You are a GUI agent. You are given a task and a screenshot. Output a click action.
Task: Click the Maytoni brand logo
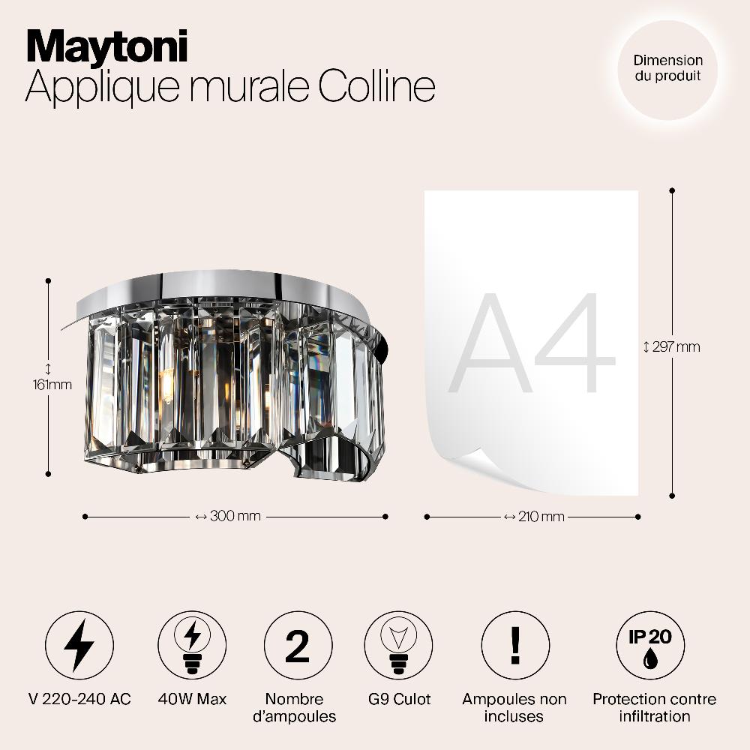pos(106,46)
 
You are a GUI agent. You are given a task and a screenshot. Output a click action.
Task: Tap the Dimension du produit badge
pos(667,70)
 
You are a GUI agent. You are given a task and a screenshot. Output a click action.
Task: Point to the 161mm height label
pos(52,385)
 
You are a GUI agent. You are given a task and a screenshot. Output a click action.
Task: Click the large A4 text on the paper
pos(532,343)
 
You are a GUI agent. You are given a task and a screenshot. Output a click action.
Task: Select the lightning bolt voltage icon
pos(79,645)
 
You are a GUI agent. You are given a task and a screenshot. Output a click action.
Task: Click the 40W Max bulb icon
pos(192,645)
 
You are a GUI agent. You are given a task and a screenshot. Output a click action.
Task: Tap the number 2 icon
pos(298,645)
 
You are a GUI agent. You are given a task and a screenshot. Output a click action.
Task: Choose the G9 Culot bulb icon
pos(398,645)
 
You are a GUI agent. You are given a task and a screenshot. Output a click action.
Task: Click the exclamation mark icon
pos(515,645)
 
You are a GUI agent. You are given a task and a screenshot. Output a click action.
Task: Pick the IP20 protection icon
pos(650,645)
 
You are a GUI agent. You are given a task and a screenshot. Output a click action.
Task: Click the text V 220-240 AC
pos(79,699)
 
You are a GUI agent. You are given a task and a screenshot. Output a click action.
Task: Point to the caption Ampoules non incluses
pos(514,707)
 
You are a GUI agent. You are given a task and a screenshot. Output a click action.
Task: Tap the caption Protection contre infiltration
pos(654,707)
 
